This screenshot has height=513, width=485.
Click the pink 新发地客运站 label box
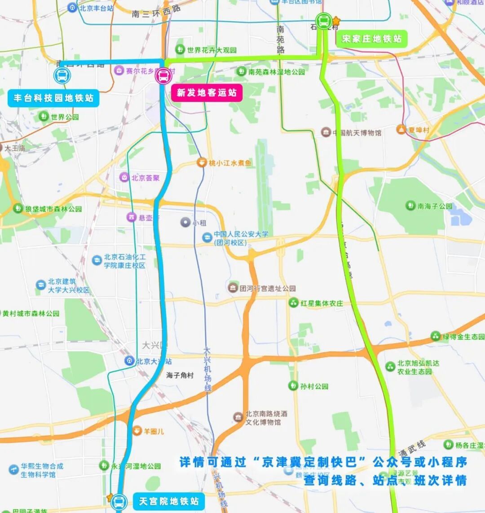[x=207, y=93]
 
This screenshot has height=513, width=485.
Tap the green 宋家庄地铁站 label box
[x=371, y=39]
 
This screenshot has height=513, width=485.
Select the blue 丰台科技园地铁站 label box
[x=53, y=98]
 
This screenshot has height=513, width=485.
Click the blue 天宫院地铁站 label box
[x=168, y=501]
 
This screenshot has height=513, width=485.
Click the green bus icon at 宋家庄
[x=323, y=21]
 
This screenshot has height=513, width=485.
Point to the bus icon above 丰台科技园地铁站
[x=62, y=76]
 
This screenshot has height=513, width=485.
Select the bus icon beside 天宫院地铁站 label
[x=119, y=501]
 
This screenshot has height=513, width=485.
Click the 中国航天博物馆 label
[x=357, y=133]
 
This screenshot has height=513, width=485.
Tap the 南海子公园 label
[x=435, y=206]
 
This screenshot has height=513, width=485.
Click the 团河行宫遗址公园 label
[x=267, y=288]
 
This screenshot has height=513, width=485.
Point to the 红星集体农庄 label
[x=322, y=303]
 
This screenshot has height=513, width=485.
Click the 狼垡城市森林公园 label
[x=53, y=209]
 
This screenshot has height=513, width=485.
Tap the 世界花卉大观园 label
[x=212, y=50]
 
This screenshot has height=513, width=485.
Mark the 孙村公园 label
[x=314, y=386]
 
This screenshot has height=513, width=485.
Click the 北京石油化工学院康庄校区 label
[x=124, y=261]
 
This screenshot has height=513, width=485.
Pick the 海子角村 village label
[x=180, y=375]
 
